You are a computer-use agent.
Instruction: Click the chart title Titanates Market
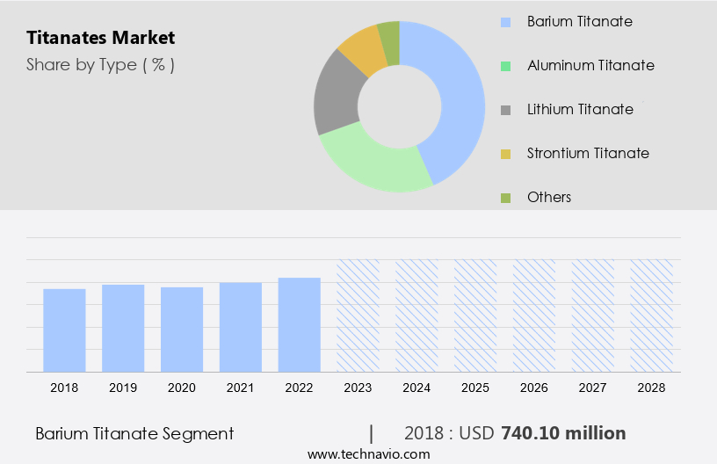tap(100, 38)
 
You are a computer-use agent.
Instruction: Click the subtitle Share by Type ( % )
tap(100, 64)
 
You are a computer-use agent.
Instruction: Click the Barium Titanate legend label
tap(579, 21)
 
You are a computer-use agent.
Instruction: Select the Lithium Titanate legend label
tap(580, 109)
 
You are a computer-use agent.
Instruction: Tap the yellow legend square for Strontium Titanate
tap(505, 154)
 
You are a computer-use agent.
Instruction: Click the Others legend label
tap(549, 197)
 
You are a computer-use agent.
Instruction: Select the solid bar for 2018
tap(64, 330)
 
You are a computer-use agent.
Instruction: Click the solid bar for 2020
tap(182, 330)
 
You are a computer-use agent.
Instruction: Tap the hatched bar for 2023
tap(358, 315)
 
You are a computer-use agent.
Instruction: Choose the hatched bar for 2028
tap(652, 315)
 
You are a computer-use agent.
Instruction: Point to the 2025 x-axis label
tap(475, 387)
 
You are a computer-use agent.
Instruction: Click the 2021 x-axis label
tap(241, 387)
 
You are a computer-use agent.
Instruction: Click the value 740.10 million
tap(563, 433)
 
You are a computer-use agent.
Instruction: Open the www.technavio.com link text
tap(368, 454)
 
